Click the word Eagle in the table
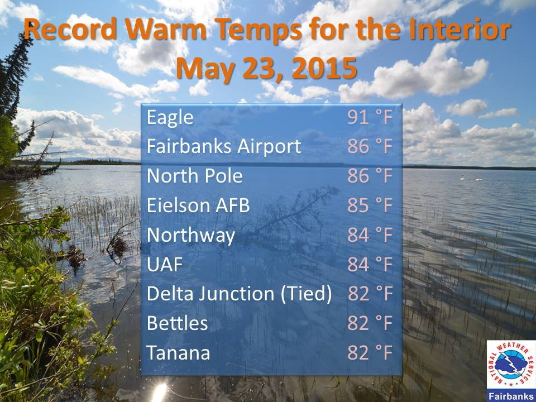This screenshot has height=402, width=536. pos(170,118)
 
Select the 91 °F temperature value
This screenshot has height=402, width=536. pos(370,117)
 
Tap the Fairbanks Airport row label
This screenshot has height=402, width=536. pos(224,146)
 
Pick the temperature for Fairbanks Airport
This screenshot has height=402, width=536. pos(370,147)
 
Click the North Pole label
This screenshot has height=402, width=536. pos(194,176)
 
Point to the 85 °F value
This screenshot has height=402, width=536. pos(370,205)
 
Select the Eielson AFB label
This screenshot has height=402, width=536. pos(198,205)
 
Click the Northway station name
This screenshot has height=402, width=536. pos(191,236)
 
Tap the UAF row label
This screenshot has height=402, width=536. pos(164,264)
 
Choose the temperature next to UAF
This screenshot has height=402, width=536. pos(370,264)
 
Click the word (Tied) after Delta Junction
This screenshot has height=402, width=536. pos(306,294)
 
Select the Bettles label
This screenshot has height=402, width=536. pos(177,323)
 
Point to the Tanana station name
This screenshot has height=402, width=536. pos(178,353)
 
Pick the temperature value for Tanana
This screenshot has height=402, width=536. pos(370,353)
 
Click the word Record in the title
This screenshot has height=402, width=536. pos(70,28)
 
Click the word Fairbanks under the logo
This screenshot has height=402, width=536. pos(511,396)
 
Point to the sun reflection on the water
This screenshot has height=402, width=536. pos(159,392)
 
